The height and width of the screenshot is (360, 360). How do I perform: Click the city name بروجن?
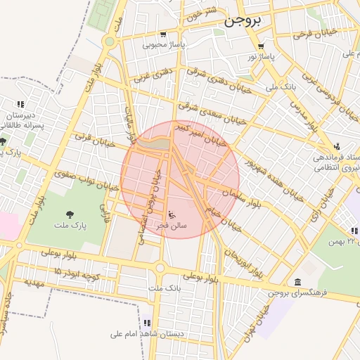coord(243,21)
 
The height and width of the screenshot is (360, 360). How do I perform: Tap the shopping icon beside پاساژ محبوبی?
coord(164,34)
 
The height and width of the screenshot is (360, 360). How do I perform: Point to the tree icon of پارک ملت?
coord(69,214)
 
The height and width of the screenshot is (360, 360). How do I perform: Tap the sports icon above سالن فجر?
coord(174,214)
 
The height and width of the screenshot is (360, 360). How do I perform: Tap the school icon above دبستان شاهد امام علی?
coord(146,323)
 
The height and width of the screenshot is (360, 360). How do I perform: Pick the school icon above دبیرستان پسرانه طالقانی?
coord(20,105)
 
